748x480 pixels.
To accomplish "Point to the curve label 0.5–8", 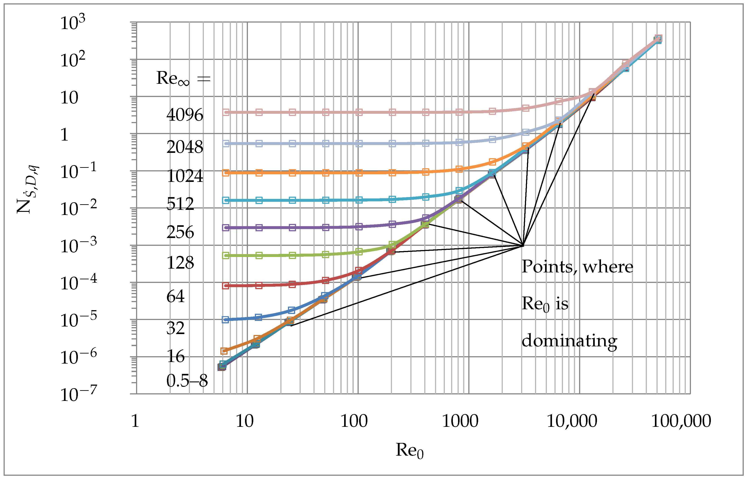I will click(x=187, y=381).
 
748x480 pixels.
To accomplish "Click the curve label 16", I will click(x=175, y=356).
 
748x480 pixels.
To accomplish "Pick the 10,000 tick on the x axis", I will click(x=572, y=421).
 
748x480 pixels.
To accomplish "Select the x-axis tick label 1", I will click(x=135, y=421).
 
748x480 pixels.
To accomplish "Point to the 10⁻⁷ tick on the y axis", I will click(x=78, y=395).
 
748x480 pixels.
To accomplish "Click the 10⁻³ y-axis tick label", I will click(x=78, y=246).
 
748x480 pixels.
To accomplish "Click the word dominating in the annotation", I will click(x=569, y=341).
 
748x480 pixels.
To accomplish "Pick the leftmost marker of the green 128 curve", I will click(x=226, y=256).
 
